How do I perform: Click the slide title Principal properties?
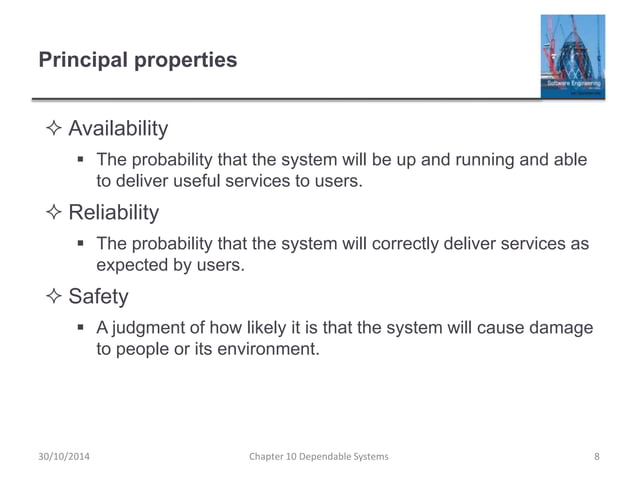(137, 61)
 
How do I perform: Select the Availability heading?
(117, 129)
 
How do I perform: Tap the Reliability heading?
(113, 212)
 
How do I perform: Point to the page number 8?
(596, 457)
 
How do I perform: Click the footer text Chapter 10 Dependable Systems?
(318, 457)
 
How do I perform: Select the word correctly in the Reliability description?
(396, 244)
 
